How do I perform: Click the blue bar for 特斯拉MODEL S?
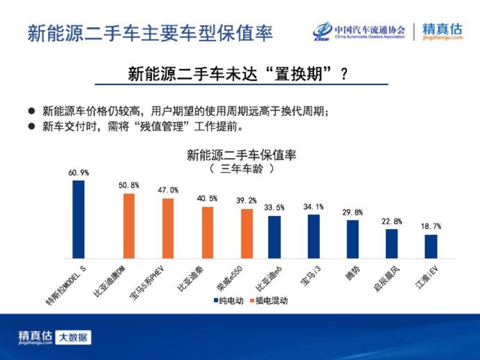tap(78, 219)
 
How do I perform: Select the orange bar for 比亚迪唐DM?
tap(129, 226)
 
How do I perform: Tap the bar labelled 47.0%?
tap(168, 228)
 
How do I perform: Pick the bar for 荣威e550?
tap(247, 234)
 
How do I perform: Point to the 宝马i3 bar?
tap(314, 236)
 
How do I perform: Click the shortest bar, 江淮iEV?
tap(431, 246)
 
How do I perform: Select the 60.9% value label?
tap(78, 173)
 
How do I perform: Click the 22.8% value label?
tap(391, 222)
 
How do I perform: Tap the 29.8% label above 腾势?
tap(352, 212)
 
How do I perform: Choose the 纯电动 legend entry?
tap(228, 301)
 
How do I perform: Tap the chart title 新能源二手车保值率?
tap(241, 155)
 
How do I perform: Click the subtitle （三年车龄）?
tap(241, 168)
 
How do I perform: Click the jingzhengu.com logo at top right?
tap(442, 31)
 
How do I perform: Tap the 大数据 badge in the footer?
tap(73, 338)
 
